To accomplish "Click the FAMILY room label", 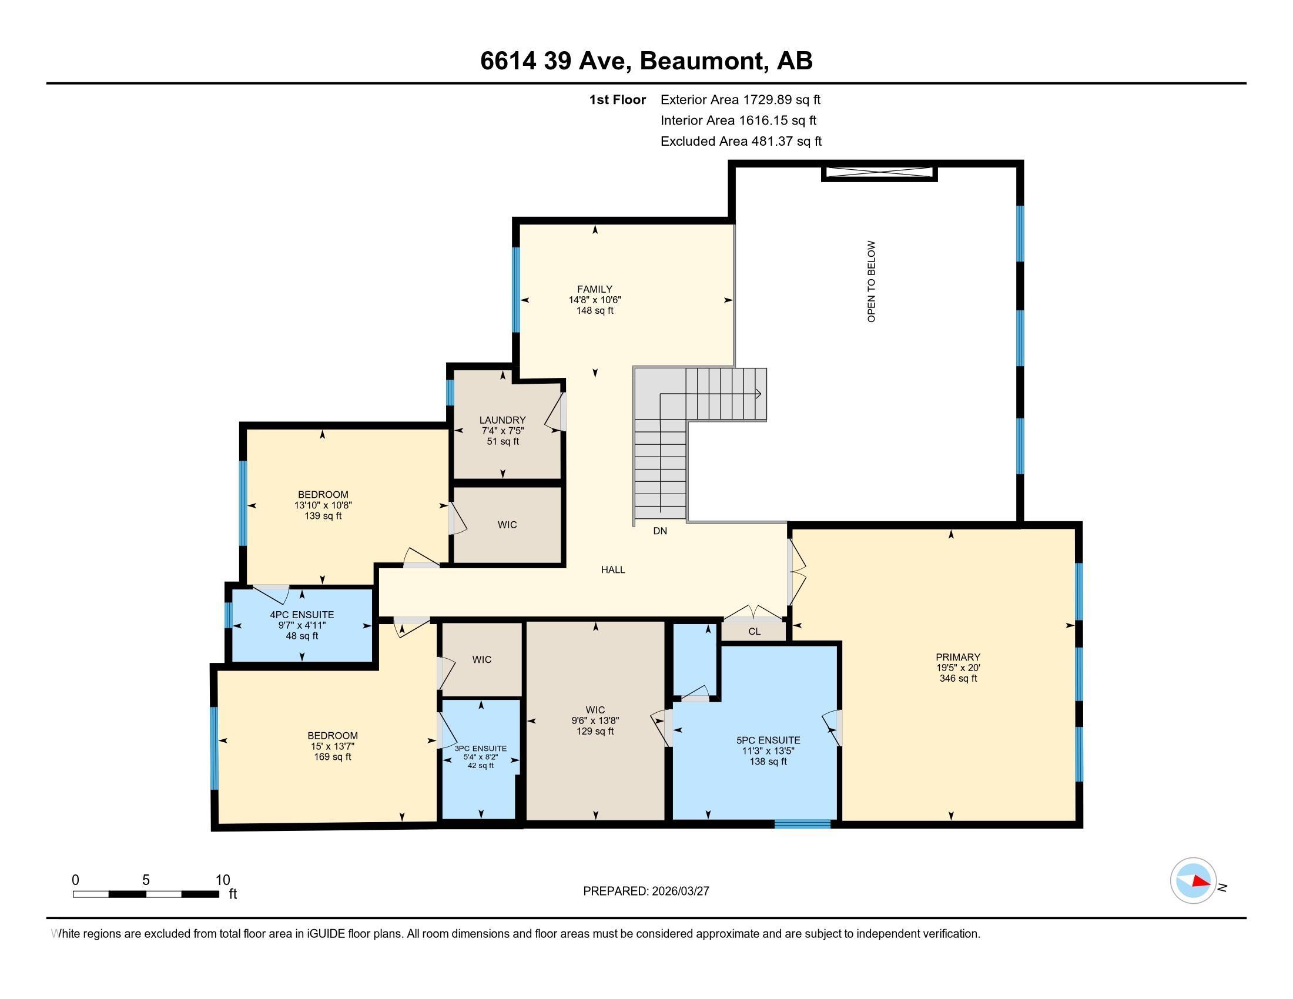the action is pos(594,289).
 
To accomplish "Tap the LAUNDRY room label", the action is pos(503,420).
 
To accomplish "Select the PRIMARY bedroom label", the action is pos(958,657).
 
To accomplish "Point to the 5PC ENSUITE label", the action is pos(769,740).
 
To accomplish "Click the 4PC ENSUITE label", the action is pos(302,615).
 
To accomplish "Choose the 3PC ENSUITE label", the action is pos(481,749).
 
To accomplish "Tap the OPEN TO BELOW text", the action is pos(871,281).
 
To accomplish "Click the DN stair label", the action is pos(660,531).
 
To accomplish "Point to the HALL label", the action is pos(614,569).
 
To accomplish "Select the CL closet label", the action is pos(754,632).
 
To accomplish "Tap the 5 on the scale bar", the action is pos(146,880).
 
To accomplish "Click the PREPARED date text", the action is pos(646,891).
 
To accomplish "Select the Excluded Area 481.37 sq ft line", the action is pos(741,141).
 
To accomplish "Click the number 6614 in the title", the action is pos(508,61).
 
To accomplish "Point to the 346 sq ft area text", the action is pos(958,678).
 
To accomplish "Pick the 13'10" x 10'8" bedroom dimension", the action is pos(323,505).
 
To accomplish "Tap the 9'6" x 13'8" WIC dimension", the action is pos(595,720).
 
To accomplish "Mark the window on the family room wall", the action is pos(516,289).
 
